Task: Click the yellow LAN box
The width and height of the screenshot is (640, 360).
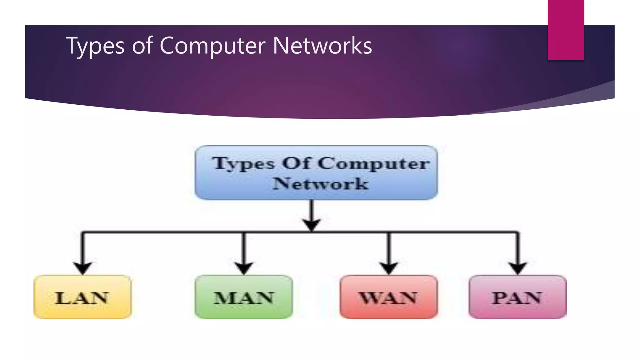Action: [82, 297]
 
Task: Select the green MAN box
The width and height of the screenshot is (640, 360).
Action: [244, 297]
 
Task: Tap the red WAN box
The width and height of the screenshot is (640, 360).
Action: [388, 297]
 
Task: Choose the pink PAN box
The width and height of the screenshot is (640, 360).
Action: [517, 297]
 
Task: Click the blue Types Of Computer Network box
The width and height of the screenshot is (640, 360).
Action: [316, 172]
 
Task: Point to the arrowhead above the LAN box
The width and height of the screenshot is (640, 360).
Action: [82, 268]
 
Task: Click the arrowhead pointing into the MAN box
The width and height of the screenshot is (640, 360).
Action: [244, 268]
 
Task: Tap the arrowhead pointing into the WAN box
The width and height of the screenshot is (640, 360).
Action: [388, 268]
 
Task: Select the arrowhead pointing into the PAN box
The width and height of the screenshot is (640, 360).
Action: [518, 268]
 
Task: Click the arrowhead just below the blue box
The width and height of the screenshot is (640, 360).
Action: [312, 225]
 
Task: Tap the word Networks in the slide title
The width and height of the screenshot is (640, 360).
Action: [322, 46]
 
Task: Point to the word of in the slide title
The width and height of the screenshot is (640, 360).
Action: [142, 46]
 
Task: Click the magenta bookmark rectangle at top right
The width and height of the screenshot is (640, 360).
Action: [566, 30]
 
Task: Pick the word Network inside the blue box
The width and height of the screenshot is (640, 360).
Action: [320, 183]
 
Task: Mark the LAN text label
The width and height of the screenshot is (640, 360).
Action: [82, 298]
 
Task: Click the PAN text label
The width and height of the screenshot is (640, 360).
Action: [517, 298]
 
